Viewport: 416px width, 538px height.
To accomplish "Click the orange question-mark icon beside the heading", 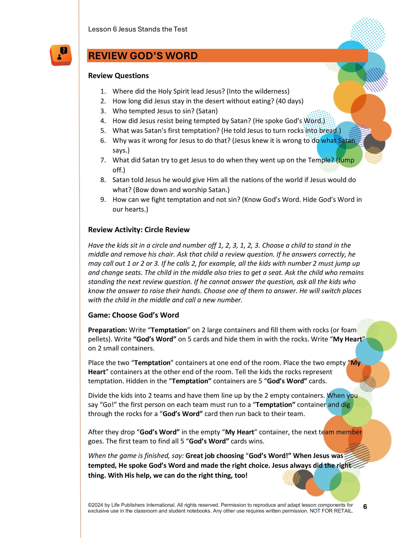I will pyautogui.click(x=61, y=55).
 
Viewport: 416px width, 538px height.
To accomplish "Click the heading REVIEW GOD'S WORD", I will pyautogui.click(x=143, y=56).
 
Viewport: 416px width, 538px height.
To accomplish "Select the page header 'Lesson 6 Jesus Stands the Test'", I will pyautogui.click(x=138, y=29).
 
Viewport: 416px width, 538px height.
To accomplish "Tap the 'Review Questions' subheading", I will pyautogui.click(x=118, y=76).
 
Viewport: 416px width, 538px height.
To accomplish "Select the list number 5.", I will pyautogui.click(x=103, y=131).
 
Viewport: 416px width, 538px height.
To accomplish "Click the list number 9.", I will pyautogui.click(x=103, y=200).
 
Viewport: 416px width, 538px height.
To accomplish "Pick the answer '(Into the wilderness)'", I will pyautogui.click(x=258, y=91).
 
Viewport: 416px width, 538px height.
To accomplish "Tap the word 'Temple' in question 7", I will pyautogui.click(x=319, y=160).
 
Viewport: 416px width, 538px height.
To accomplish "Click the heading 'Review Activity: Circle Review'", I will pyautogui.click(x=139, y=230).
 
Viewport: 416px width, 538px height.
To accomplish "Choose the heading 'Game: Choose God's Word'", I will pyautogui.click(x=133, y=315).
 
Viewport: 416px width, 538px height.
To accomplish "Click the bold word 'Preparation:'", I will pyautogui.click(x=107, y=330).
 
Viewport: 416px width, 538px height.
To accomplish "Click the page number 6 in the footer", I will pyautogui.click(x=365, y=507).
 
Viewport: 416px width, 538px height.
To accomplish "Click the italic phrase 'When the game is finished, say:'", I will pyautogui.click(x=136, y=456).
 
